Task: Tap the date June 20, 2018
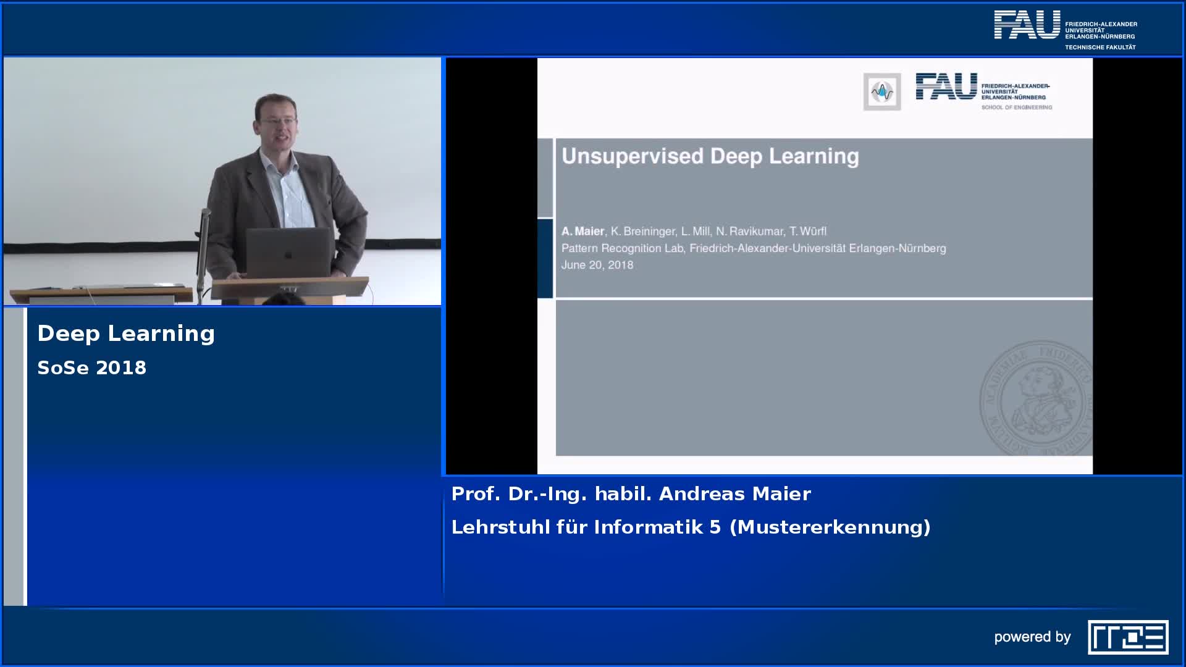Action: [x=597, y=265]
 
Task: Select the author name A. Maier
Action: [x=582, y=231]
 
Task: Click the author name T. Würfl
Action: [x=808, y=231]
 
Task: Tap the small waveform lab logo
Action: [x=882, y=92]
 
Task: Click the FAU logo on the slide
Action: [x=983, y=91]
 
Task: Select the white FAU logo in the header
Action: [x=1027, y=25]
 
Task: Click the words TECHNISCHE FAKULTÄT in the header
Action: [x=1100, y=47]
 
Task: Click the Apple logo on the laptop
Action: [x=288, y=254]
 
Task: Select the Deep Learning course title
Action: [x=126, y=333]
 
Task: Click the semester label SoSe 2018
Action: [x=92, y=367]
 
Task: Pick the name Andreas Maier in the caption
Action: [x=735, y=493]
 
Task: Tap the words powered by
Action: [x=1032, y=637]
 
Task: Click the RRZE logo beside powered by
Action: [x=1128, y=637]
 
